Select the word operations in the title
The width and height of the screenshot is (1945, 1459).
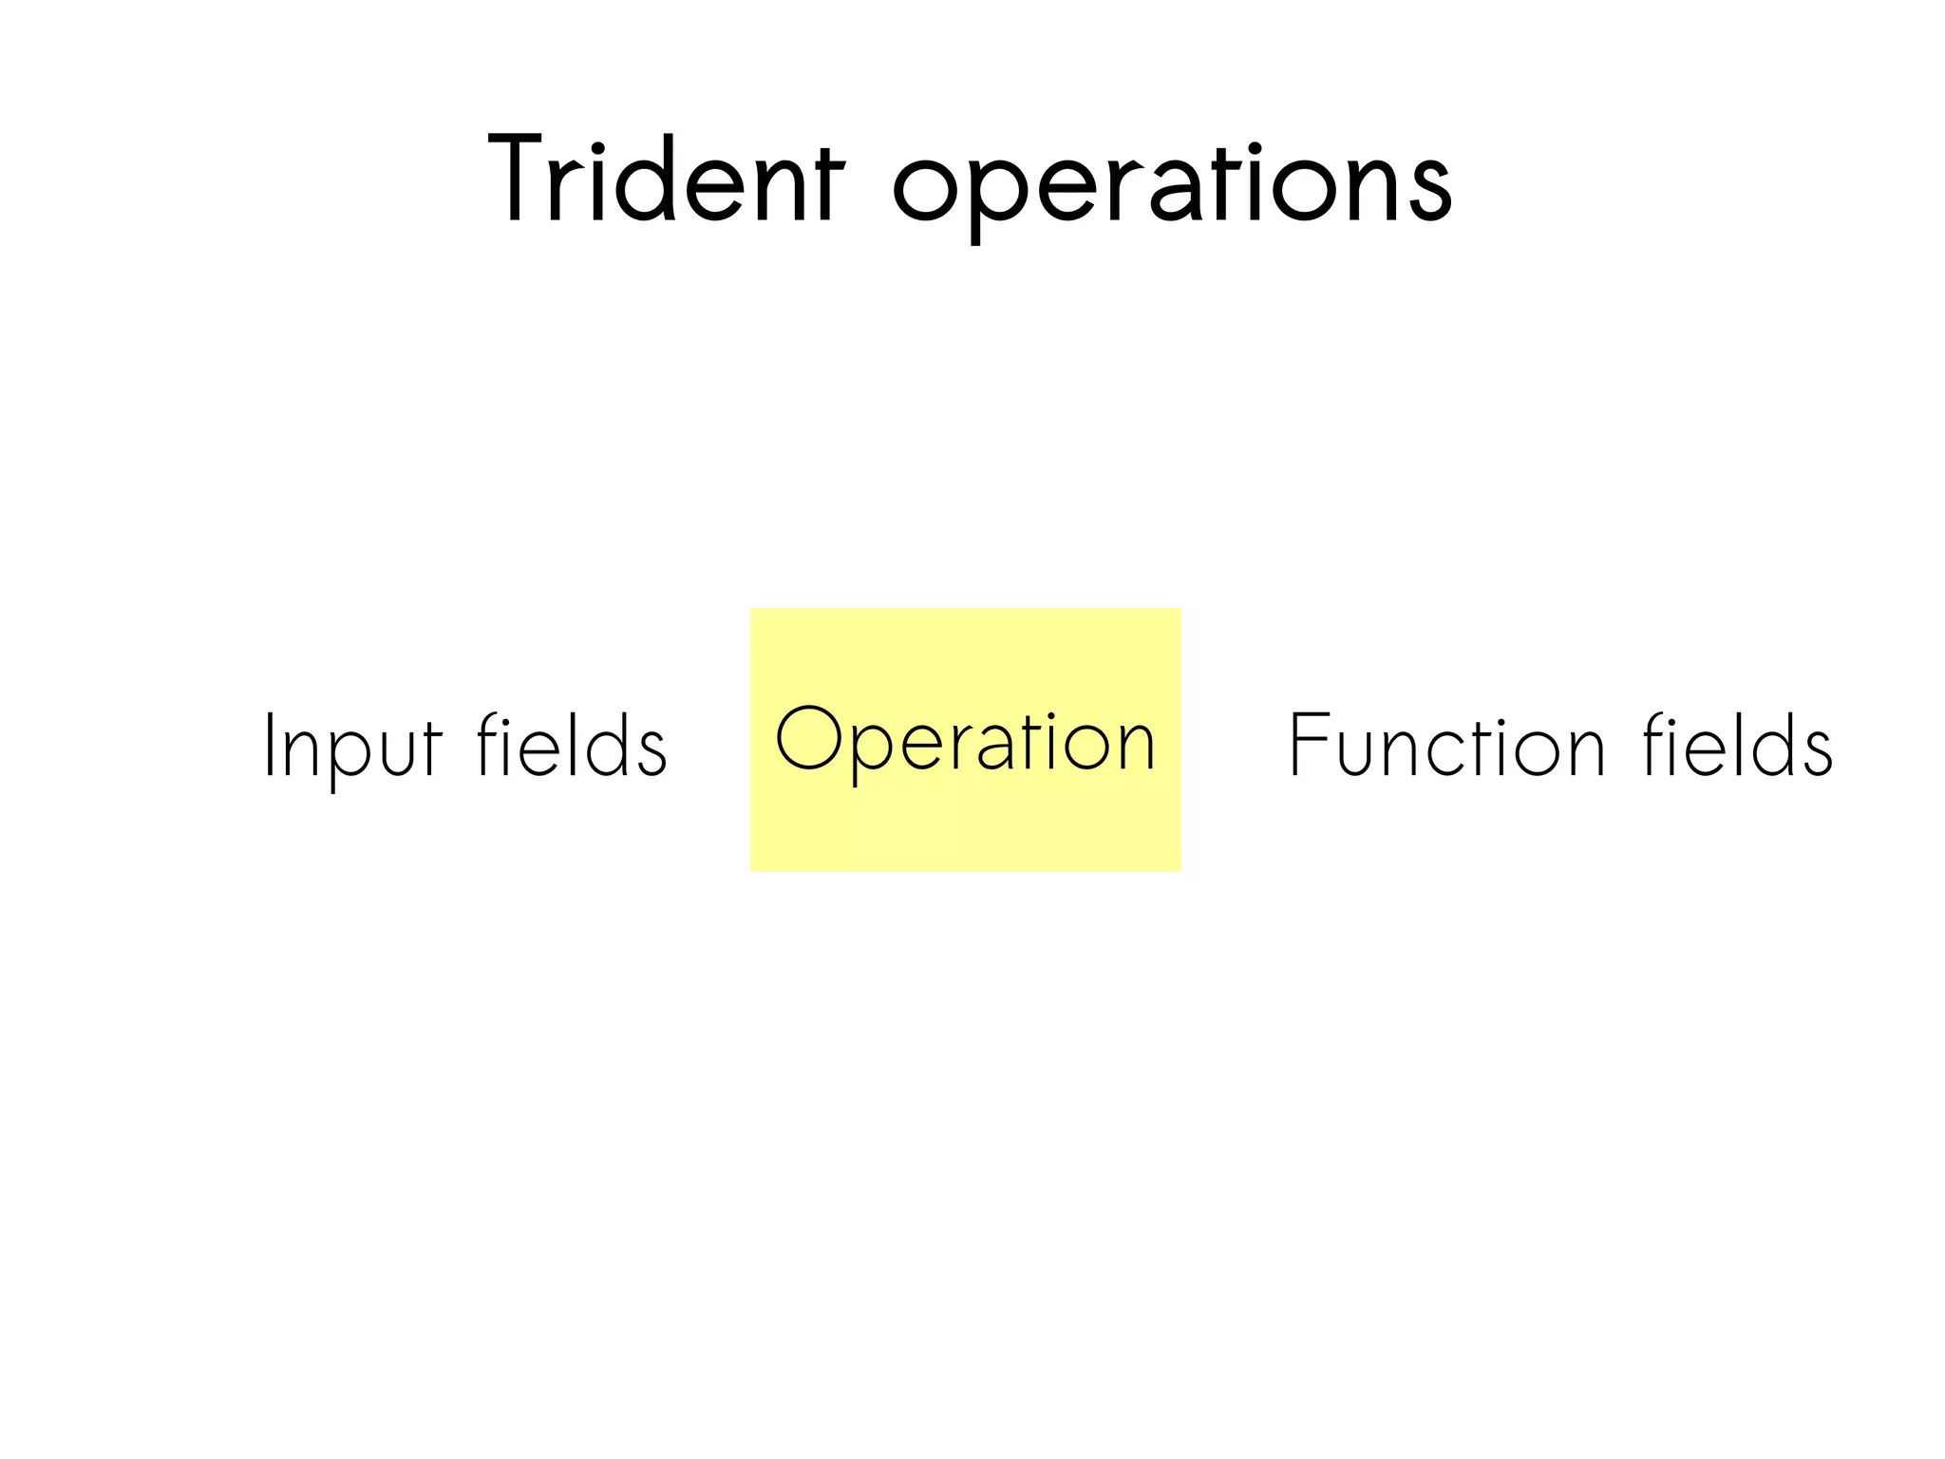pos(1172,185)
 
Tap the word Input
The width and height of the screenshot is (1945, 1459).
pos(352,747)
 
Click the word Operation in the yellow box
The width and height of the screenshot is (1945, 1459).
pos(965,741)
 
